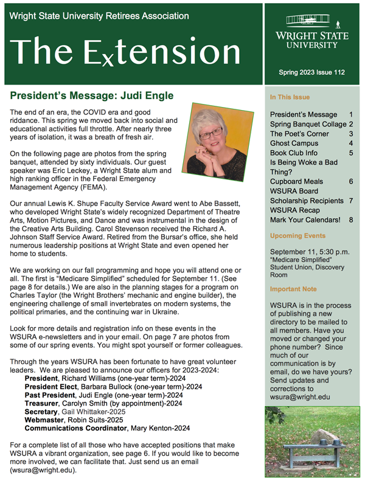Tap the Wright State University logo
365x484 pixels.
pyautogui.click(x=312, y=32)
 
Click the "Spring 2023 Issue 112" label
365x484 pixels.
pyautogui.click(x=312, y=72)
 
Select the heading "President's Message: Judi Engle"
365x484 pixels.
pyautogui.click(x=92, y=95)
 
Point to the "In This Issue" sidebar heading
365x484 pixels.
pyautogui.click(x=290, y=97)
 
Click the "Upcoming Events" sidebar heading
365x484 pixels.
pyautogui.click(x=297, y=235)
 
